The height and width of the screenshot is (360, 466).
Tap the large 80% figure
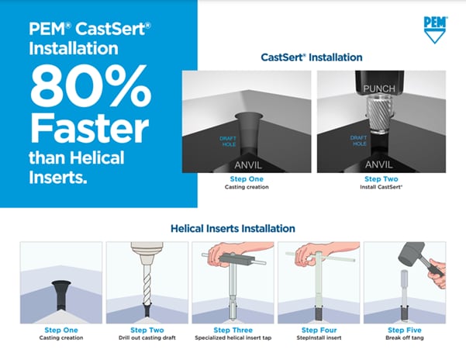(x=95, y=92)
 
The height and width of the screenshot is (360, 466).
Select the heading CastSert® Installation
(x=310, y=57)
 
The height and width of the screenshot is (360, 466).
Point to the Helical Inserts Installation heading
(x=233, y=229)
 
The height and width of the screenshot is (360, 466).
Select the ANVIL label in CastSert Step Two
(x=380, y=164)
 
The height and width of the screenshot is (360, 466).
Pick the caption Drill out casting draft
(x=147, y=338)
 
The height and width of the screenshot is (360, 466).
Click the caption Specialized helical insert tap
(x=233, y=338)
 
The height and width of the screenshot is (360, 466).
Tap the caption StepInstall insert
(x=318, y=338)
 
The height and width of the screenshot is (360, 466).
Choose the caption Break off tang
(x=404, y=338)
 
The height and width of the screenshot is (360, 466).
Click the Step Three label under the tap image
(x=233, y=330)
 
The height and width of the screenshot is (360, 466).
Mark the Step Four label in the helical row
(x=318, y=330)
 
